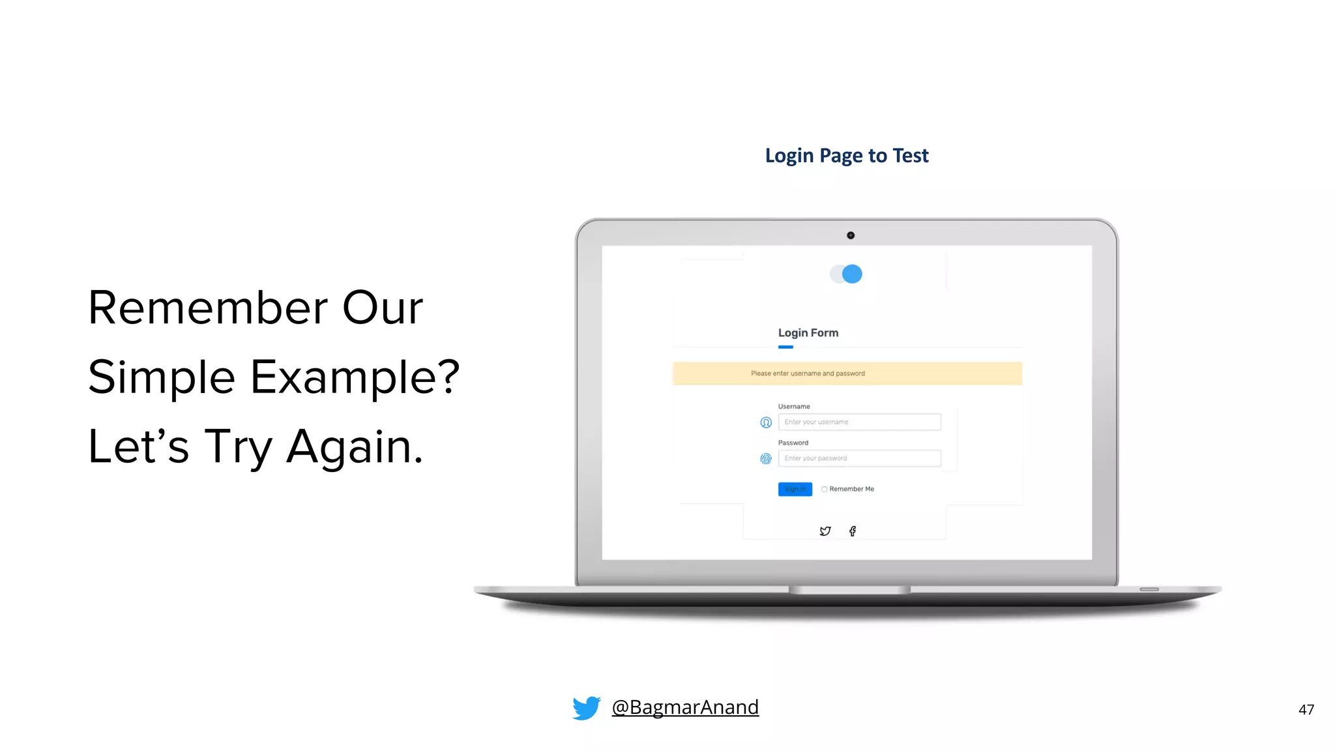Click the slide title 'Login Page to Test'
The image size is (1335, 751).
pos(846,156)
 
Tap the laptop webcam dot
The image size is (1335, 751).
pos(850,235)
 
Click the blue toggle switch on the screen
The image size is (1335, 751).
pos(846,274)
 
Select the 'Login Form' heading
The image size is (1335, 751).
pos(808,332)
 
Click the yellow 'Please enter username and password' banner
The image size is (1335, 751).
pos(846,374)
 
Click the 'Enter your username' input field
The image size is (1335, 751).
pos(859,422)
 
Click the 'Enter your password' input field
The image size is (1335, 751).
pos(859,458)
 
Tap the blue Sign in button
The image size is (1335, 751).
pos(795,489)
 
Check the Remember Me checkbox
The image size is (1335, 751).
pos(825,489)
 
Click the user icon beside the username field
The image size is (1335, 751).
pos(766,422)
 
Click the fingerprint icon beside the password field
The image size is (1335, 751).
pos(766,459)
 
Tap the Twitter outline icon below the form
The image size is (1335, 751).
pos(825,531)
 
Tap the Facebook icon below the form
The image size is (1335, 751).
pos(853,531)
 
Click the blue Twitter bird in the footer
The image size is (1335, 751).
pos(586,707)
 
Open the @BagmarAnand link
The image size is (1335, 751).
pos(684,707)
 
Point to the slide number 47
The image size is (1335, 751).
pos(1306,709)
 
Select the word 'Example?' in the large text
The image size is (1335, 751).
pos(355,377)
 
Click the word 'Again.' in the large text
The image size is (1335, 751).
pos(355,447)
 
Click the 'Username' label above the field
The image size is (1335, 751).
pos(793,406)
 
